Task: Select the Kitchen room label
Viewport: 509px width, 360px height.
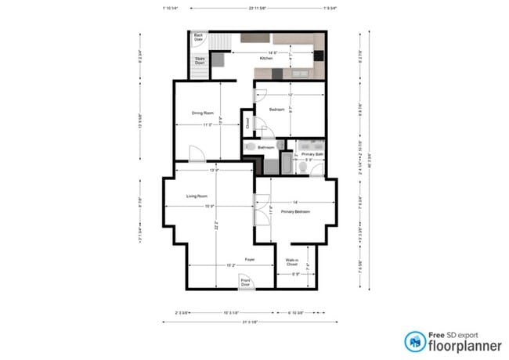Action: (267, 58)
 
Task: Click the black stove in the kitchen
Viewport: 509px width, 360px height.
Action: (319, 56)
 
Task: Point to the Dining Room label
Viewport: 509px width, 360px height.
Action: (203, 113)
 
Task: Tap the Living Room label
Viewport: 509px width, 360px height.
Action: (196, 196)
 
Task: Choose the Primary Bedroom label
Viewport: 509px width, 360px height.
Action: (296, 212)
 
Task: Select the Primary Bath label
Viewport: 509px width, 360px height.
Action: (311, 154)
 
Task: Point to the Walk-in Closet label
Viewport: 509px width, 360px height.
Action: (291, 264)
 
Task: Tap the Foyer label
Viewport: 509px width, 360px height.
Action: (249, 259)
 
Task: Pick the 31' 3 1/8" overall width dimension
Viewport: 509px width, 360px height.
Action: (250, 322)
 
